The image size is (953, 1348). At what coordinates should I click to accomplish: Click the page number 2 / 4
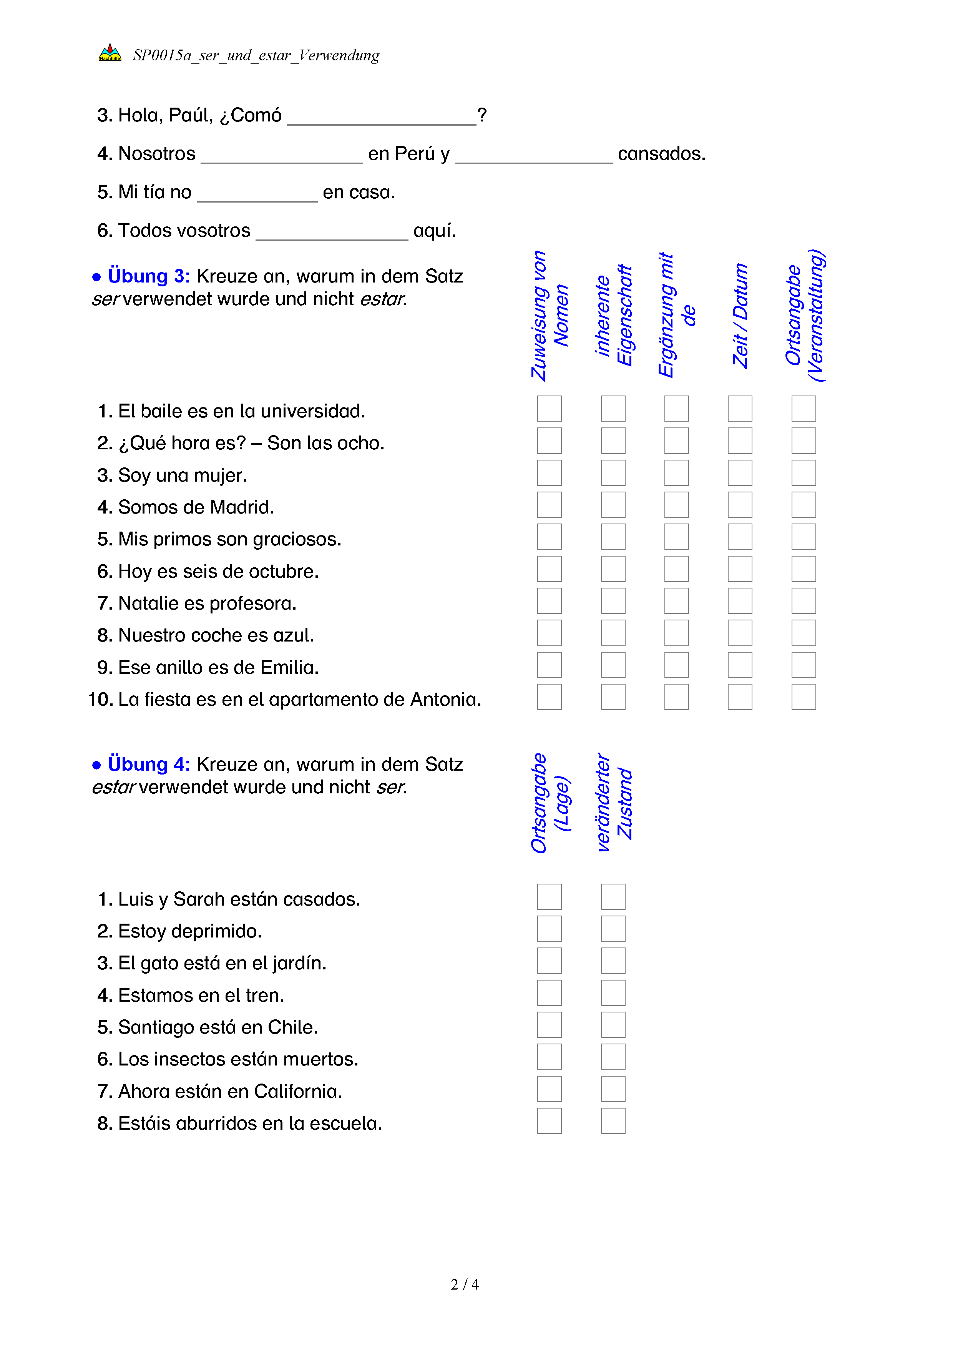pos(464,1284)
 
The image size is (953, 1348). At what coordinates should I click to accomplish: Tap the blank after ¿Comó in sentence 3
pos(382,116)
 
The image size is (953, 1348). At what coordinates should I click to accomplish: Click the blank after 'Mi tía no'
pos(257,193)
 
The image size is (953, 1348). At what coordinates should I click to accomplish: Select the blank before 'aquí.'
pos(332,231)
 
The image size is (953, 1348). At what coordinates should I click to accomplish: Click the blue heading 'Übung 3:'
pos(148,276)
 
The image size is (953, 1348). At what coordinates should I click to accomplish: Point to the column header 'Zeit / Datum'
pos(740,316)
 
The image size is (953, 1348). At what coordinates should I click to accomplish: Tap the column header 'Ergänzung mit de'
pos(676,316)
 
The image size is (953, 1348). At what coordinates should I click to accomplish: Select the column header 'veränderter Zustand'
pos(613,803)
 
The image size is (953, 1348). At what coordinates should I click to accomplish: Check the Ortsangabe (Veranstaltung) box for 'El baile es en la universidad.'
pos(804,409)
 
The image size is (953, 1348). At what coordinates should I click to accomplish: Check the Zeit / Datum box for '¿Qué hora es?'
pos(740,441)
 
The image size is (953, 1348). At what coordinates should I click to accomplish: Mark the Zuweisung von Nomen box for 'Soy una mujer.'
pos(549,473)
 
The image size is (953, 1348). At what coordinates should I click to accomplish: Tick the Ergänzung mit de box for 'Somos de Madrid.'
pos(676,505)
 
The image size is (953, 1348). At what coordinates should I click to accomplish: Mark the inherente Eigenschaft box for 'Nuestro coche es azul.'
pos(613,633)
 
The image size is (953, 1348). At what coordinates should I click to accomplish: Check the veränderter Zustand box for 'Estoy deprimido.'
pos(613,929)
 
